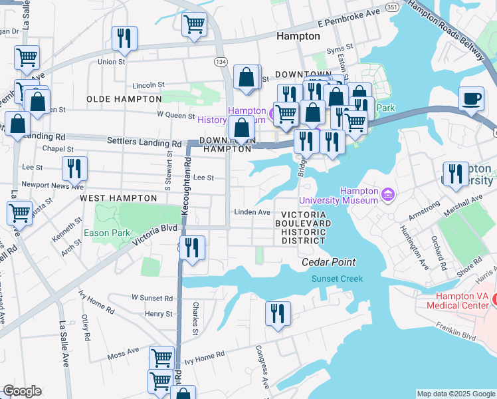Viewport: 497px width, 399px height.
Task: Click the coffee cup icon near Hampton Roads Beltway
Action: [472, 98]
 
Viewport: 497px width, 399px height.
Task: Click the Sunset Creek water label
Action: [338, 279]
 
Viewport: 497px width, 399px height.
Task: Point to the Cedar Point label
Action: [328, 262]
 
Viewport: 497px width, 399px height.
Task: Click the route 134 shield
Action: [219, 61]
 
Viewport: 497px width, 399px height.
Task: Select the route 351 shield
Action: [392, 7]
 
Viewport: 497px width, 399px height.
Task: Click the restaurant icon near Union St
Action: [124, 38]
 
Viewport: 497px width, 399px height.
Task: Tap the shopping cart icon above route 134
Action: [194, 24]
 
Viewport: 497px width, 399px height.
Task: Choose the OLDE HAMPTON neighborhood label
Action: [124, 99]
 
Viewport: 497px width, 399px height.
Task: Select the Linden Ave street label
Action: [252, 212]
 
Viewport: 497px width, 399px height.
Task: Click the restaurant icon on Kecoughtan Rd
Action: [192, 248]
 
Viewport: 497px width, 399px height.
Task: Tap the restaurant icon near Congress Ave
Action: [278, 313]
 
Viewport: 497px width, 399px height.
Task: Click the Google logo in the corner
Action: [22, 391]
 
